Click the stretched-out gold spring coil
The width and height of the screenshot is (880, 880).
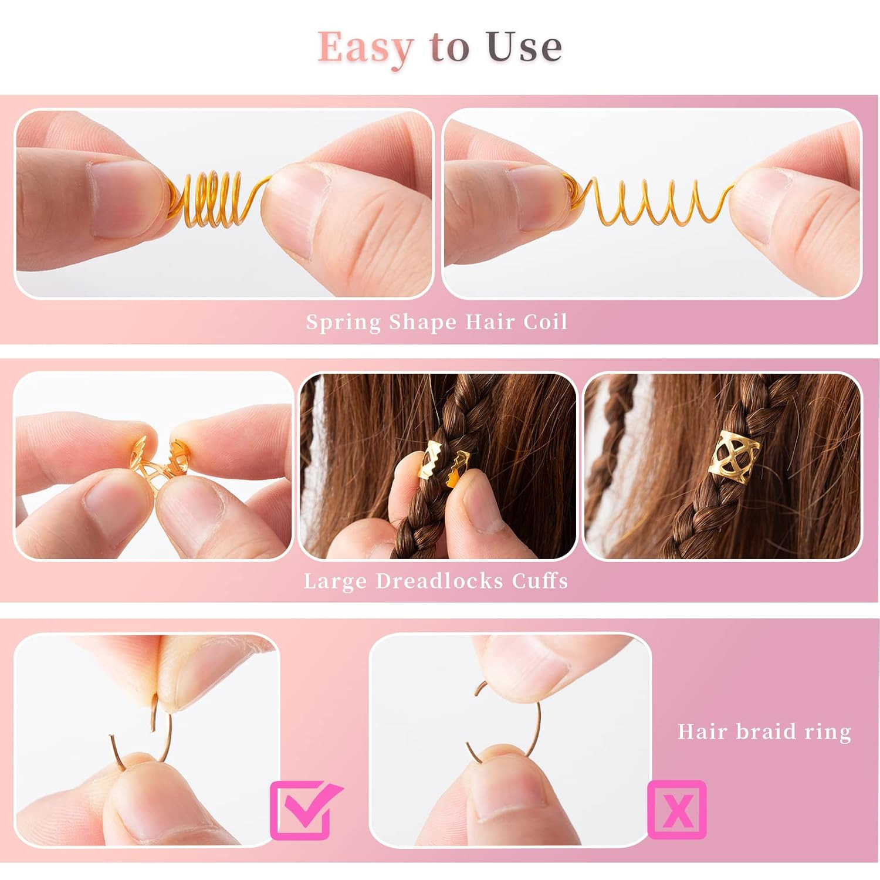point(648,199)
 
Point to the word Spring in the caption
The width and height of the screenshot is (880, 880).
point(344,323)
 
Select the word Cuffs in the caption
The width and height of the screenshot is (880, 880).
point(540,581)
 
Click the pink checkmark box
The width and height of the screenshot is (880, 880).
point(305,810)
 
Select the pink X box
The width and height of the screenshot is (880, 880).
point(677,810)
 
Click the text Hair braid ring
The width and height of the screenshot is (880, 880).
point(764,732)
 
